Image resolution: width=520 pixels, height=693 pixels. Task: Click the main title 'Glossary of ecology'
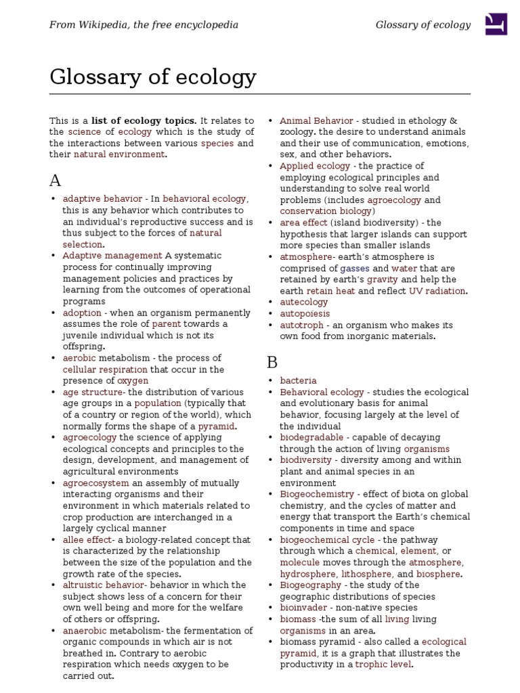[x=153, y=78]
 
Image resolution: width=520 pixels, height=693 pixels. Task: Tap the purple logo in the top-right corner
[x=497, y=25]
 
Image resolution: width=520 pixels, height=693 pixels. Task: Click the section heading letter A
[x=56, y=180]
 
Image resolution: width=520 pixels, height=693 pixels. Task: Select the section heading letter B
[x=272, y=362]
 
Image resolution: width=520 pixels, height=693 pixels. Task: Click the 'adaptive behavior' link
[x=102, y=199]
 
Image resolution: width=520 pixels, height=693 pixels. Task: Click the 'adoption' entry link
[x=82, y=313]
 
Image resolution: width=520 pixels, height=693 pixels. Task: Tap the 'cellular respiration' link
[x=105, y=370]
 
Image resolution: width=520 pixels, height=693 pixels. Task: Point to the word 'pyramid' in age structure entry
[x=216, y=426]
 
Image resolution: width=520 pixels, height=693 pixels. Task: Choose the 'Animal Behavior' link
[x=316, y=120]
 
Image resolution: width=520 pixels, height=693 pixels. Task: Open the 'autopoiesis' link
[x=305, y=313]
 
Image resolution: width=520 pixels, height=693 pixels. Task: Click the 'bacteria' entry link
[x=298, y=381]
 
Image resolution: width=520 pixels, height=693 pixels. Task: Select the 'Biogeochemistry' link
[x=317, y=494]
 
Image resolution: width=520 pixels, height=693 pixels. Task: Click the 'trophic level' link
[x=383, y=665]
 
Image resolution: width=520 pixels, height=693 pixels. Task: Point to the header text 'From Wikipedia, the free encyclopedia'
[x=143, y=25]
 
